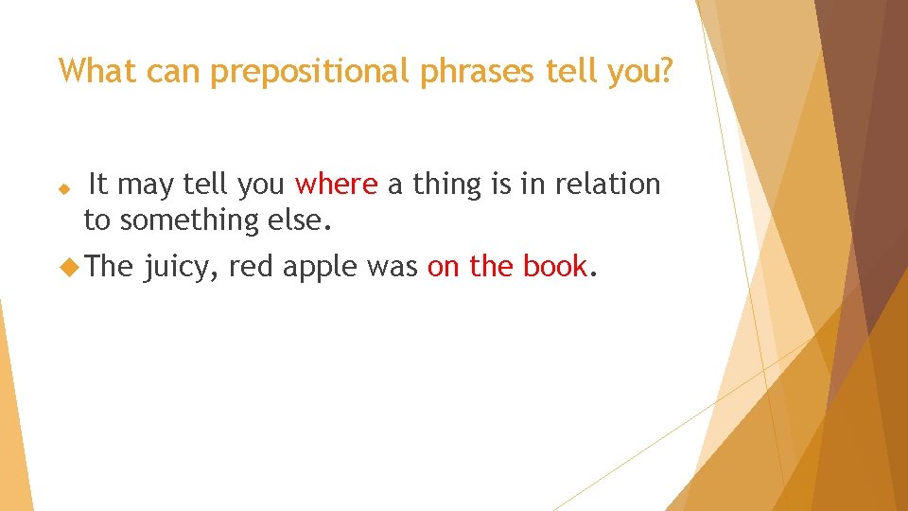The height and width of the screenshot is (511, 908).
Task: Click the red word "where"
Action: point(337,185)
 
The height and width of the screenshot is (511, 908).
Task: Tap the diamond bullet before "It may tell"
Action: point(64,189)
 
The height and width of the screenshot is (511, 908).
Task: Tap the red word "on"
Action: point(444,268)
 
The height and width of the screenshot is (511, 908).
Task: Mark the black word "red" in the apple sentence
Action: point(251,268)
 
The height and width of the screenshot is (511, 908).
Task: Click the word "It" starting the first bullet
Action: point(96,185)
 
